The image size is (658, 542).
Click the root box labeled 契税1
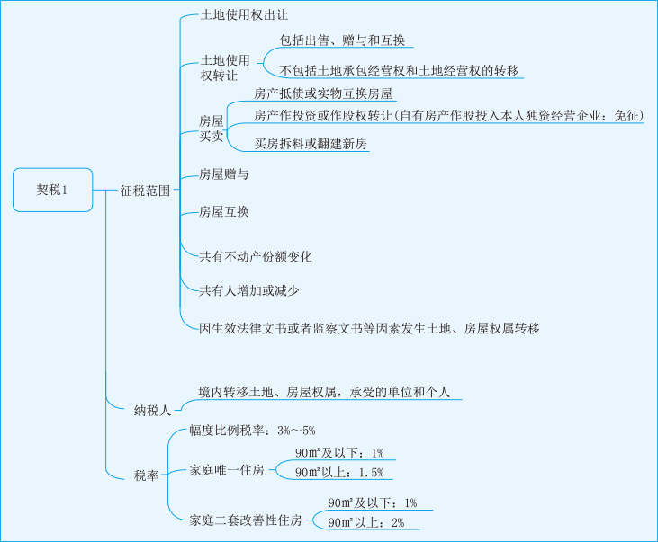tap(52, 190)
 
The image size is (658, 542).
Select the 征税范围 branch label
tap(145, 191)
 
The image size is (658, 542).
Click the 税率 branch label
tap(146, 475)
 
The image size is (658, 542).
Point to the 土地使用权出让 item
tap(243, 16)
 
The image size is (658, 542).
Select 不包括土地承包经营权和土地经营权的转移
tap(399, 70)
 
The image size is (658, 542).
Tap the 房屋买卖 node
tap(212, 128)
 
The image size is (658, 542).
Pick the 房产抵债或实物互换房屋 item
tap(324, 93)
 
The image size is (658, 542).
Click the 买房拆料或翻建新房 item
tap(311, 144)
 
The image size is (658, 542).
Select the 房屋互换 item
tap(223, 212)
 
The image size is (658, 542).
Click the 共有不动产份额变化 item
tap(255, 257)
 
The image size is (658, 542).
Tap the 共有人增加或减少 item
tap(248, 290)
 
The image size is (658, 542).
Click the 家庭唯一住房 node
tap(227, 470)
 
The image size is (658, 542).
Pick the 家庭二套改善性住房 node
tap(246, 520)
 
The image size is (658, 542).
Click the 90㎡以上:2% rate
tap(365, 522)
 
